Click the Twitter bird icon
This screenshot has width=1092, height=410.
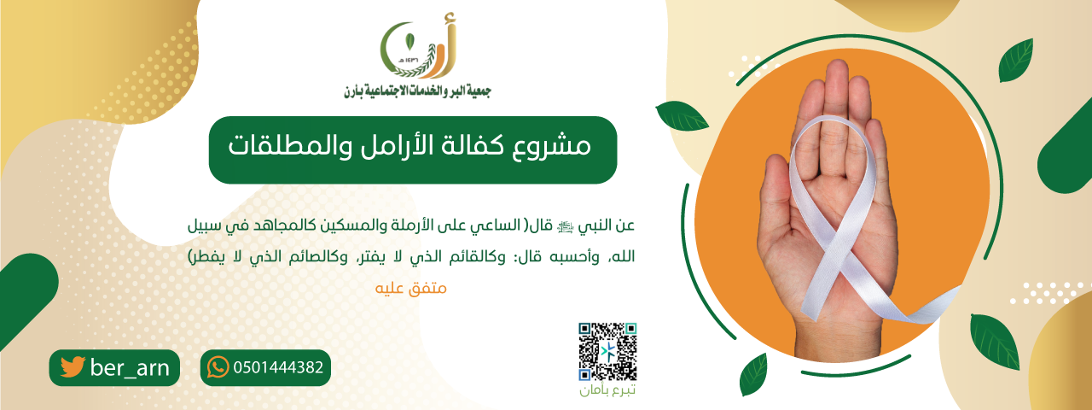pos(73,367)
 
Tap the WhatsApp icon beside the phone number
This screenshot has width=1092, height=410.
pos(218,367)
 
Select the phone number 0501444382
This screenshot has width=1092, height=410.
pos(277,368)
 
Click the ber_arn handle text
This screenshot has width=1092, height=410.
pos(129,367)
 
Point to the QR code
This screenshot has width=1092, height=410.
pos(607,351)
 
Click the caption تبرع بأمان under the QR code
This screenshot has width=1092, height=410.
pos(607,391)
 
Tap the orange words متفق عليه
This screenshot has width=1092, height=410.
pos(411,288)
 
